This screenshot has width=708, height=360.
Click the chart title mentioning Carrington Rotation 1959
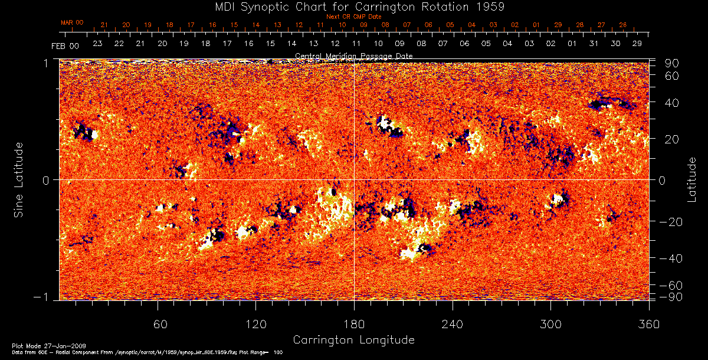click(x=354, y=7)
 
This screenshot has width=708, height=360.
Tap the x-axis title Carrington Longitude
click(x=354, y=340)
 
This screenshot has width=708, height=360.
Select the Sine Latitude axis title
click(x=19, y=179)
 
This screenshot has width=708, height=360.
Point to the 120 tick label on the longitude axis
click(x=256, y=325)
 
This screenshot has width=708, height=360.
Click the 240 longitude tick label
click(x=453, y=325)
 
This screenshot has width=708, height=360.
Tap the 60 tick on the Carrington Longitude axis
click(x=158, y=325)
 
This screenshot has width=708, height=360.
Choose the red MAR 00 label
click(x=72, y=22)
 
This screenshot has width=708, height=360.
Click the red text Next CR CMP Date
click(x=354, y=17)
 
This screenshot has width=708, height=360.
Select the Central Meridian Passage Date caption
click(x=354, y=56)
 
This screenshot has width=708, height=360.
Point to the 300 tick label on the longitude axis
click(x=550, y=325)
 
